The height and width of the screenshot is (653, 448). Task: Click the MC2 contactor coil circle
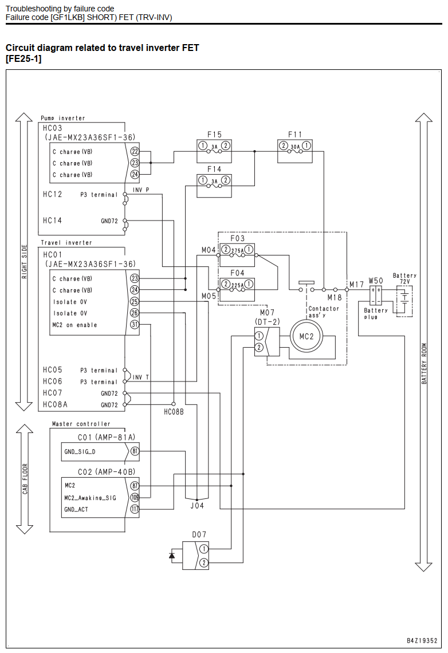(x=306, y=336)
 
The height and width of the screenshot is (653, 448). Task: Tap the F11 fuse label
(x=295, y=135)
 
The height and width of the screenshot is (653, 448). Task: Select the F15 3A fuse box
(x=214, y=151)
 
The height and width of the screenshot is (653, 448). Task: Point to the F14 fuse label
(x=214, y=169)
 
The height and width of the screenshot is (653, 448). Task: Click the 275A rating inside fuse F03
(x=237, y=250)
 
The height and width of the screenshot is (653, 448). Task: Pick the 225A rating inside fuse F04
(x=237, y=285)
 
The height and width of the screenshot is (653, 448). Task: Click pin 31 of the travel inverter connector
(x=135, y=324)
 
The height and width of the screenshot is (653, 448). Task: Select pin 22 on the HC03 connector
(x=135, y=152)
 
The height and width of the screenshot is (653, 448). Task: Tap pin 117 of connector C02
(x=135, y=509)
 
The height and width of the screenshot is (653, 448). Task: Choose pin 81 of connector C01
(x=135, y=451)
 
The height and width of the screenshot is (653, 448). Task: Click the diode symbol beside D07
(x=172, y=555)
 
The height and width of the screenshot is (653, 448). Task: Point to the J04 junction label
(x=197, y=506)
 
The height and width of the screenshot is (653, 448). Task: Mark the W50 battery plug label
(x=376, y=281)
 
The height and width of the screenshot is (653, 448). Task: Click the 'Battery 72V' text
(x=404, y=278)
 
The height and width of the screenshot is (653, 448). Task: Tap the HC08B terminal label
(x=174, y=412)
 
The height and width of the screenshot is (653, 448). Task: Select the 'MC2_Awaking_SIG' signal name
(x=91, y=498)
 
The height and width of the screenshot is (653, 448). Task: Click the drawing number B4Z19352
(x=422, y=640)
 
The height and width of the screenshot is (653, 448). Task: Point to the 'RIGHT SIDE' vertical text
(x=24, y=262)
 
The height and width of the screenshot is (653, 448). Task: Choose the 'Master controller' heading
(x=81, y=424)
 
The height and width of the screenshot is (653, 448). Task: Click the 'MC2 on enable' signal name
(x=74, y=325)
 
